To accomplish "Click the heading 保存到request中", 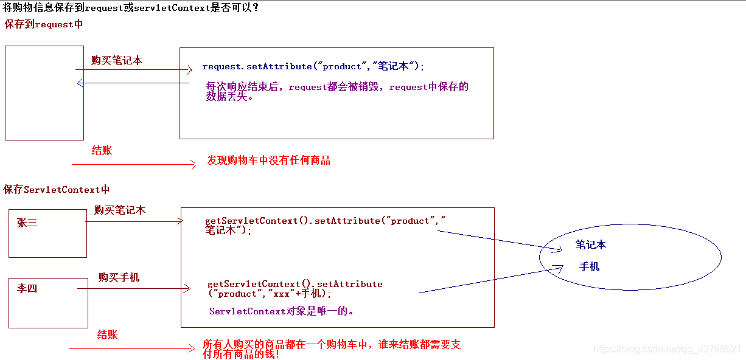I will pos(43,24).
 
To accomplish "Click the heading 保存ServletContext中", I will pos(57,190).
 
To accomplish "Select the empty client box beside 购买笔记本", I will pos(44,93).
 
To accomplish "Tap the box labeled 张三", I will pos(47,233).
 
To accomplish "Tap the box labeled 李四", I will pos(48,303).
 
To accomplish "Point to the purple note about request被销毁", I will pos(337,91).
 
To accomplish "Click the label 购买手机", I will pos(119,277).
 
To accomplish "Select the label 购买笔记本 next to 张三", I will pos(120,210).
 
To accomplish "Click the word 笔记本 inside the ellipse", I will pos(590,245).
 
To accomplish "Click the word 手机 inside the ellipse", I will pos(589,266).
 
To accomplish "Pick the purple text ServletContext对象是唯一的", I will pos(281,311).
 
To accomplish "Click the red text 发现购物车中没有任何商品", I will pos(268,161).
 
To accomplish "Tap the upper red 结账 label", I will pos(102,151).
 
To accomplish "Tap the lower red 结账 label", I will pos(107,335).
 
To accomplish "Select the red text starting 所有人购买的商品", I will pos(331,349).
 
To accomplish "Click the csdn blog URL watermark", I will pos(667,349).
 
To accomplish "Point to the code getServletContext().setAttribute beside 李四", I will pos(295,289).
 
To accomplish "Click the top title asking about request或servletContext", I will pos(131,8).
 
